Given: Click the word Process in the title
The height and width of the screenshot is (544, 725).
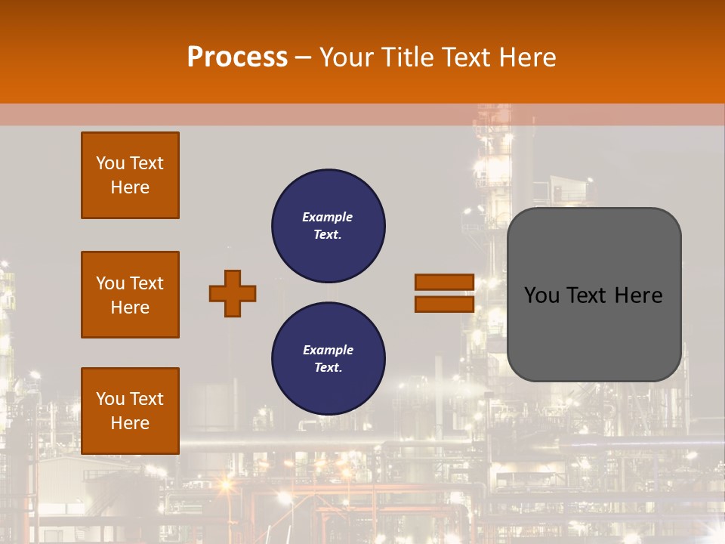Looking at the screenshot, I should click(237, 57).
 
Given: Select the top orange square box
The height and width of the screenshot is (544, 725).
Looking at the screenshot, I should click(130, 175).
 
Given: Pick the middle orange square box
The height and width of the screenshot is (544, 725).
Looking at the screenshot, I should click(130, 295).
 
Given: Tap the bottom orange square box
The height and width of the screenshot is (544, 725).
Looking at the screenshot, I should click(130, 411).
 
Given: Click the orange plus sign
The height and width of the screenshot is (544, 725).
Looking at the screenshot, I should click(233, 293).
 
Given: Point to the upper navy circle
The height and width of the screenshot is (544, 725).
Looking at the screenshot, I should click(329, 226).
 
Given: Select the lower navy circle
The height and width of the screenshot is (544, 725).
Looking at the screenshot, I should click(329, 359).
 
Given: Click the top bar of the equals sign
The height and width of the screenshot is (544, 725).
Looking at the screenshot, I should click(444, 283).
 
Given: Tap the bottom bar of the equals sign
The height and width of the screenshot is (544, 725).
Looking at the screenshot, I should click(444, 304).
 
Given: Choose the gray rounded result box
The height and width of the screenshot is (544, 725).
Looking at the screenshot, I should click(594, 295).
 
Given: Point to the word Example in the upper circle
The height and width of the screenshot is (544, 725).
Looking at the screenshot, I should click(328, 217).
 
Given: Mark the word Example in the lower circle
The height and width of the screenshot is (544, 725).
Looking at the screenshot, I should click(328, 350).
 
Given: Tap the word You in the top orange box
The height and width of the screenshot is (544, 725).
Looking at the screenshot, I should click(110, 163).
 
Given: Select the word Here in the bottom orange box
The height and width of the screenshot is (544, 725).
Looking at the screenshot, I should click(130, 423).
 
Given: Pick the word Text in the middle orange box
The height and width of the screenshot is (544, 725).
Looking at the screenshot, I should click(147, 283).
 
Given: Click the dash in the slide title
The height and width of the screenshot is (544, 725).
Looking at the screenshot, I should click(304, 57).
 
